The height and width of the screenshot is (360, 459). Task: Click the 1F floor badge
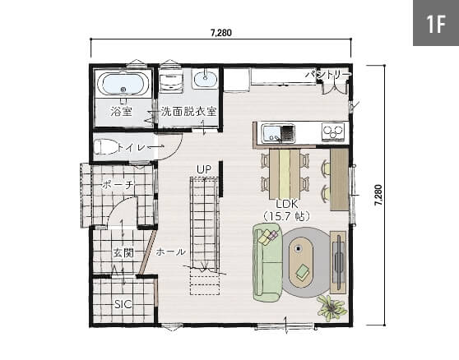click(x=436, y=23)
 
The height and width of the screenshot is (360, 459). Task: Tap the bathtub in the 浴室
click(x=123, y=84)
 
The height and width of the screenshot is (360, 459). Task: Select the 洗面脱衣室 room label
click(x=189, y=112)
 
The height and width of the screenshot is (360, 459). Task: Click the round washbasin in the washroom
click(x=205, y=77)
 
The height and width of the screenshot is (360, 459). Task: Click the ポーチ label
click(x=118, y=185)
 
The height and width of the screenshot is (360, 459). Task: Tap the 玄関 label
click(x=123, y=252)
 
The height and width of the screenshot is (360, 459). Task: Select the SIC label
click(x=123, y=304)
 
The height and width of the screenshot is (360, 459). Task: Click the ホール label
click(x=170, y=252)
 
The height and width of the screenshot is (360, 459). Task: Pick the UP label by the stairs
click(x=204, y=169)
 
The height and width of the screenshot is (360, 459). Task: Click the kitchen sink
click(x=278, y=134)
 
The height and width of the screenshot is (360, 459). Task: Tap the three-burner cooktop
click(x=333, y=132)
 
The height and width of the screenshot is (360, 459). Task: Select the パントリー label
click(x=327, y=75)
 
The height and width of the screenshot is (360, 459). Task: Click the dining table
click(x=285, y=174)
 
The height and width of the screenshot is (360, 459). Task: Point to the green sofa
click(x=267, y=263)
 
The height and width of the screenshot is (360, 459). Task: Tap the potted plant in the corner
click(x=332, y=308)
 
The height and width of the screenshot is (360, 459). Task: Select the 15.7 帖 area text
click(x=286, y=216)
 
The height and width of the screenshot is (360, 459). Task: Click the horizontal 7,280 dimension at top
click(x=221, y=33)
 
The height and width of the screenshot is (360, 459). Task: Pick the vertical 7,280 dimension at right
click(x=378, y=195)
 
